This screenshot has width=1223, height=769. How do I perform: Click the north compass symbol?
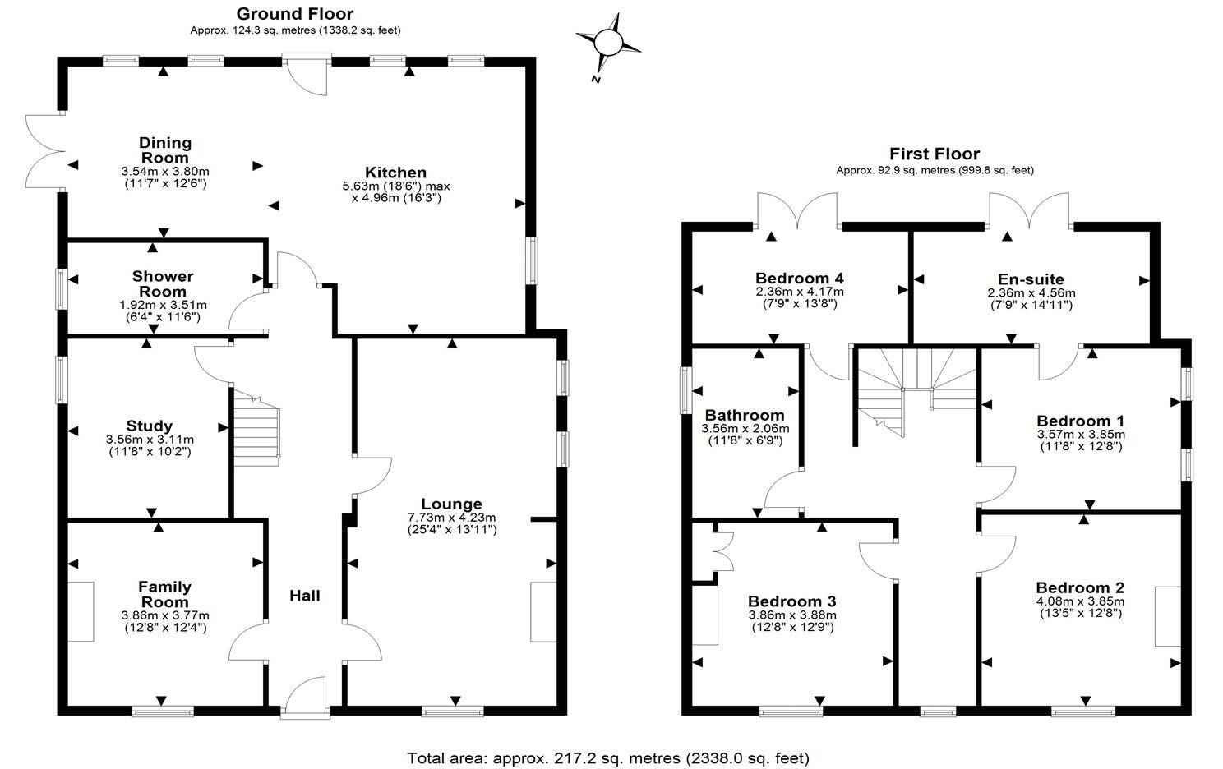608,42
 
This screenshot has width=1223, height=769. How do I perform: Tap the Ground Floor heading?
294,14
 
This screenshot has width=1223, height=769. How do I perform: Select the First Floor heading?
935,154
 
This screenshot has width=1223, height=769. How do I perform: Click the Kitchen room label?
395,173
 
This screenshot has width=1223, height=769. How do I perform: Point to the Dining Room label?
164,150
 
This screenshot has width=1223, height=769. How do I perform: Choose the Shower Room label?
163,283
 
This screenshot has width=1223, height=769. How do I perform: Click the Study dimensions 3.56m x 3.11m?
150,440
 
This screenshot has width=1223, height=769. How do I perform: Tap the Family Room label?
164,594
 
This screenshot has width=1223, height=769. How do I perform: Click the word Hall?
304,596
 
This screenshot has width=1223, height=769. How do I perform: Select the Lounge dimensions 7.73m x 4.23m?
451,518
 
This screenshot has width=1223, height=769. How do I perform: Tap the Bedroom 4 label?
799,279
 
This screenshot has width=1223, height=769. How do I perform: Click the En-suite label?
1031,279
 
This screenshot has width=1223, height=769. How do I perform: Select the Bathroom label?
745,415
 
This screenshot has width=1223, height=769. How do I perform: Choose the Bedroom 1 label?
1080,421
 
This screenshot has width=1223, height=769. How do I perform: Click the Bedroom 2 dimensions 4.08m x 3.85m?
1080,601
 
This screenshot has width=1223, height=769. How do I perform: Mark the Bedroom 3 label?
791,601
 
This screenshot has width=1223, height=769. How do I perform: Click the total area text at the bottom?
608,757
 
